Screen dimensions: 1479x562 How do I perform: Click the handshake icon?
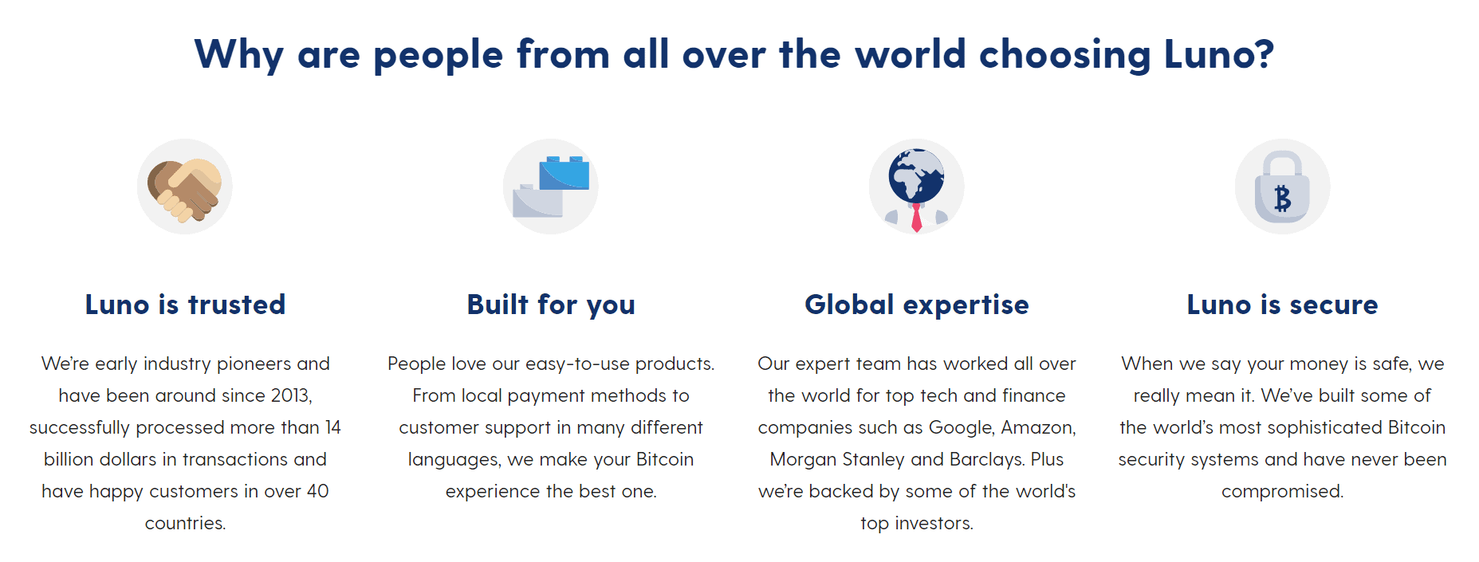(x=184, y=187)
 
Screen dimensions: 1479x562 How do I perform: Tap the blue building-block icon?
(x=550, y=187)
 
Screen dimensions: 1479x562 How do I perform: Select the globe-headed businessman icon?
(x=916, y=187)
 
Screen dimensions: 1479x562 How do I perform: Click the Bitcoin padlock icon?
(x=1282, y=187)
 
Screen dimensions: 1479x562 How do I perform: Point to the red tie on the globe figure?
(x=917, y=217)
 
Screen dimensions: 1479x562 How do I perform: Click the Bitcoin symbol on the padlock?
(x=1282, y=198)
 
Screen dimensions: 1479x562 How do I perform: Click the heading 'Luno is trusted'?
(x=185, y=305)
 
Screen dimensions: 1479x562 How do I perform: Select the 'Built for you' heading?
(x=551, y=305)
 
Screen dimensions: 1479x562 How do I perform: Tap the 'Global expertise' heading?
(x=917, y=305)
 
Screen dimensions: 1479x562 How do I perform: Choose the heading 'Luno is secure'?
(x=1282, y=305)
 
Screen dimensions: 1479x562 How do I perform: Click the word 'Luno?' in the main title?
(x=1219, y=54)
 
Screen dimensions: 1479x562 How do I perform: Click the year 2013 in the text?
(x=291, y=396)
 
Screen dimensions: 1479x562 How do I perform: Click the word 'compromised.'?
(x=1282, y=492)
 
